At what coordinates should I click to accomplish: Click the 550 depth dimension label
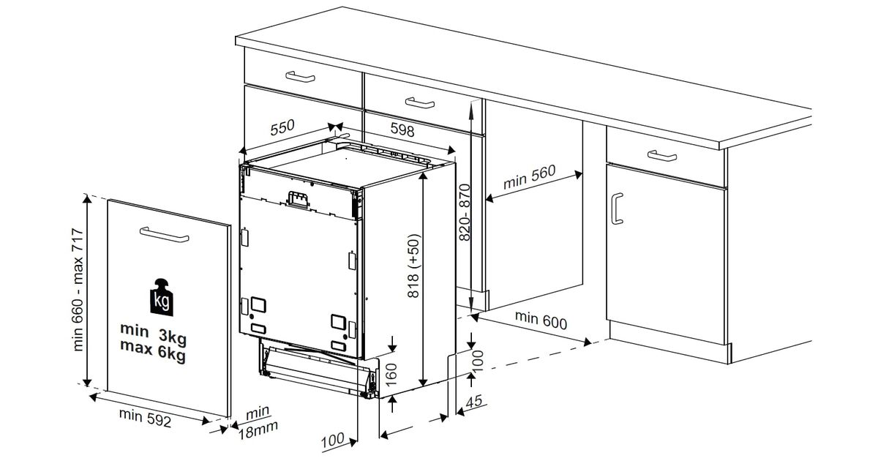pyautogui.click(x=282, y=127)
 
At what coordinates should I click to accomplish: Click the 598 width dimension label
pyautogui.click(x=402, y=129)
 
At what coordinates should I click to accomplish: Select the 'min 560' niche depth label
pyautogui.click(x=530, y=176)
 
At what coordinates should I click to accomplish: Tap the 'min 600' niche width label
pyautogui.click(x=541, y=320)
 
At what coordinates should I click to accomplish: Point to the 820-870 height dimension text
pyautogui.click(x=464, y=212)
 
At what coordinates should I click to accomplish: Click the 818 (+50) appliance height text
pyautogui.click(x=413, y=266)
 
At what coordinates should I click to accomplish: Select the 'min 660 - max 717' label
pyautogui.click(x=78, y=290)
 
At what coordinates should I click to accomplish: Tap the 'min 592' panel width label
pyautogui.click(x=145, y=418)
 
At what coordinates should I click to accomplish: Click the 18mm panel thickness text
pyautogui.click(x=258, y=431)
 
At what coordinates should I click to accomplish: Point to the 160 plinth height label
pyautogui.click(x=391, y=375)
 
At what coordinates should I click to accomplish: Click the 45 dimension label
pyautogui.click(x=473, y=402)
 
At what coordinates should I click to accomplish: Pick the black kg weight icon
pyautogui.click(x=162, y=297)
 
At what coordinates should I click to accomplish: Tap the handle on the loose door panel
pyautogui.click(x=164, y=234)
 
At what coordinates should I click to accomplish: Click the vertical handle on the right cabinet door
pyautogui.click(x=617, y=208)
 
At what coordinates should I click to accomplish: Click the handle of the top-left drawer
pyautogui.click(x=300, y=76)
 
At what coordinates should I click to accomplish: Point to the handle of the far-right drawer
pyautogui.click(x=661, y=155)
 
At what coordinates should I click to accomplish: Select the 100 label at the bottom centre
pyautogui.click(x=332, y=441)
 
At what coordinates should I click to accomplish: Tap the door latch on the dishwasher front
pyautogui.click(x=297, y=198)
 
